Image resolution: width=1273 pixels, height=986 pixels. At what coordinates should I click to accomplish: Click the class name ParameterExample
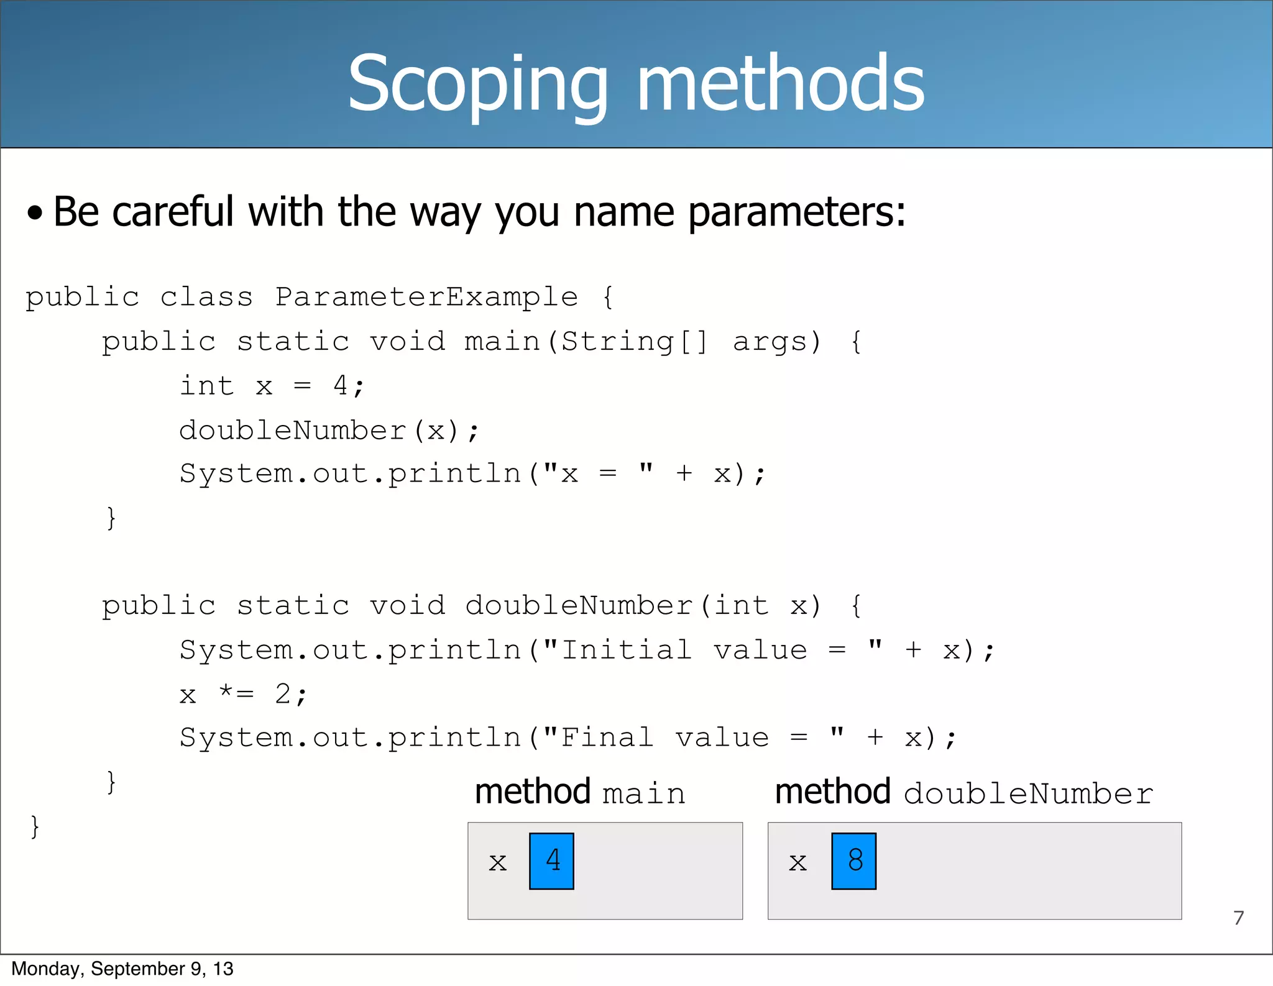tap(426, 296)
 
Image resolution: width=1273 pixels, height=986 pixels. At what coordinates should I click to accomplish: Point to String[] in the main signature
tap(634, 342)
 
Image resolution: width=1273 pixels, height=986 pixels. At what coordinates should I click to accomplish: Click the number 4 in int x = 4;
tap(341, 386)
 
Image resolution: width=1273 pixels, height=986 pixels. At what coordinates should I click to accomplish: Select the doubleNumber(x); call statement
tap(329, 430)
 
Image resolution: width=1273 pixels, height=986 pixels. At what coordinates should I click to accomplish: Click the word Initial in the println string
tap(626, 650)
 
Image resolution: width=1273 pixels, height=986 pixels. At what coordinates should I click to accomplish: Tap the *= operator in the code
tap(236, 693)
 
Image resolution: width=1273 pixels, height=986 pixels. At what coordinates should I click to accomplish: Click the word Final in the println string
tap(607, 737)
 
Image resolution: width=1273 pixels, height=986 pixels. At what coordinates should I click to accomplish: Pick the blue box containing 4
tap(551, 861)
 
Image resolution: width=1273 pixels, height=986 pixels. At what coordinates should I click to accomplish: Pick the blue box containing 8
tap(854, 861)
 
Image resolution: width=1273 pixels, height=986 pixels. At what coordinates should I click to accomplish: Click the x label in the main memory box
tap(497, 862)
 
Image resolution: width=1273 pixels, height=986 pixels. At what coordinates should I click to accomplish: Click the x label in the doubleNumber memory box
tap(797, 862)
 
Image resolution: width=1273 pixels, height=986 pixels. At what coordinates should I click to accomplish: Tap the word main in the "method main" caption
tap(644, 794)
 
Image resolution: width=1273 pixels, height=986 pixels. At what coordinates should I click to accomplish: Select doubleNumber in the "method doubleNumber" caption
tap(1028, 794)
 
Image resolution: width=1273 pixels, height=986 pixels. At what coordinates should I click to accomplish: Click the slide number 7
tap(1239, 918)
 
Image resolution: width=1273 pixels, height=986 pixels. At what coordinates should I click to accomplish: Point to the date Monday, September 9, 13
tap(122, 969)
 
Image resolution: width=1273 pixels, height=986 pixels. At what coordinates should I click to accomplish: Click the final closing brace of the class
tap(35, 827)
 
